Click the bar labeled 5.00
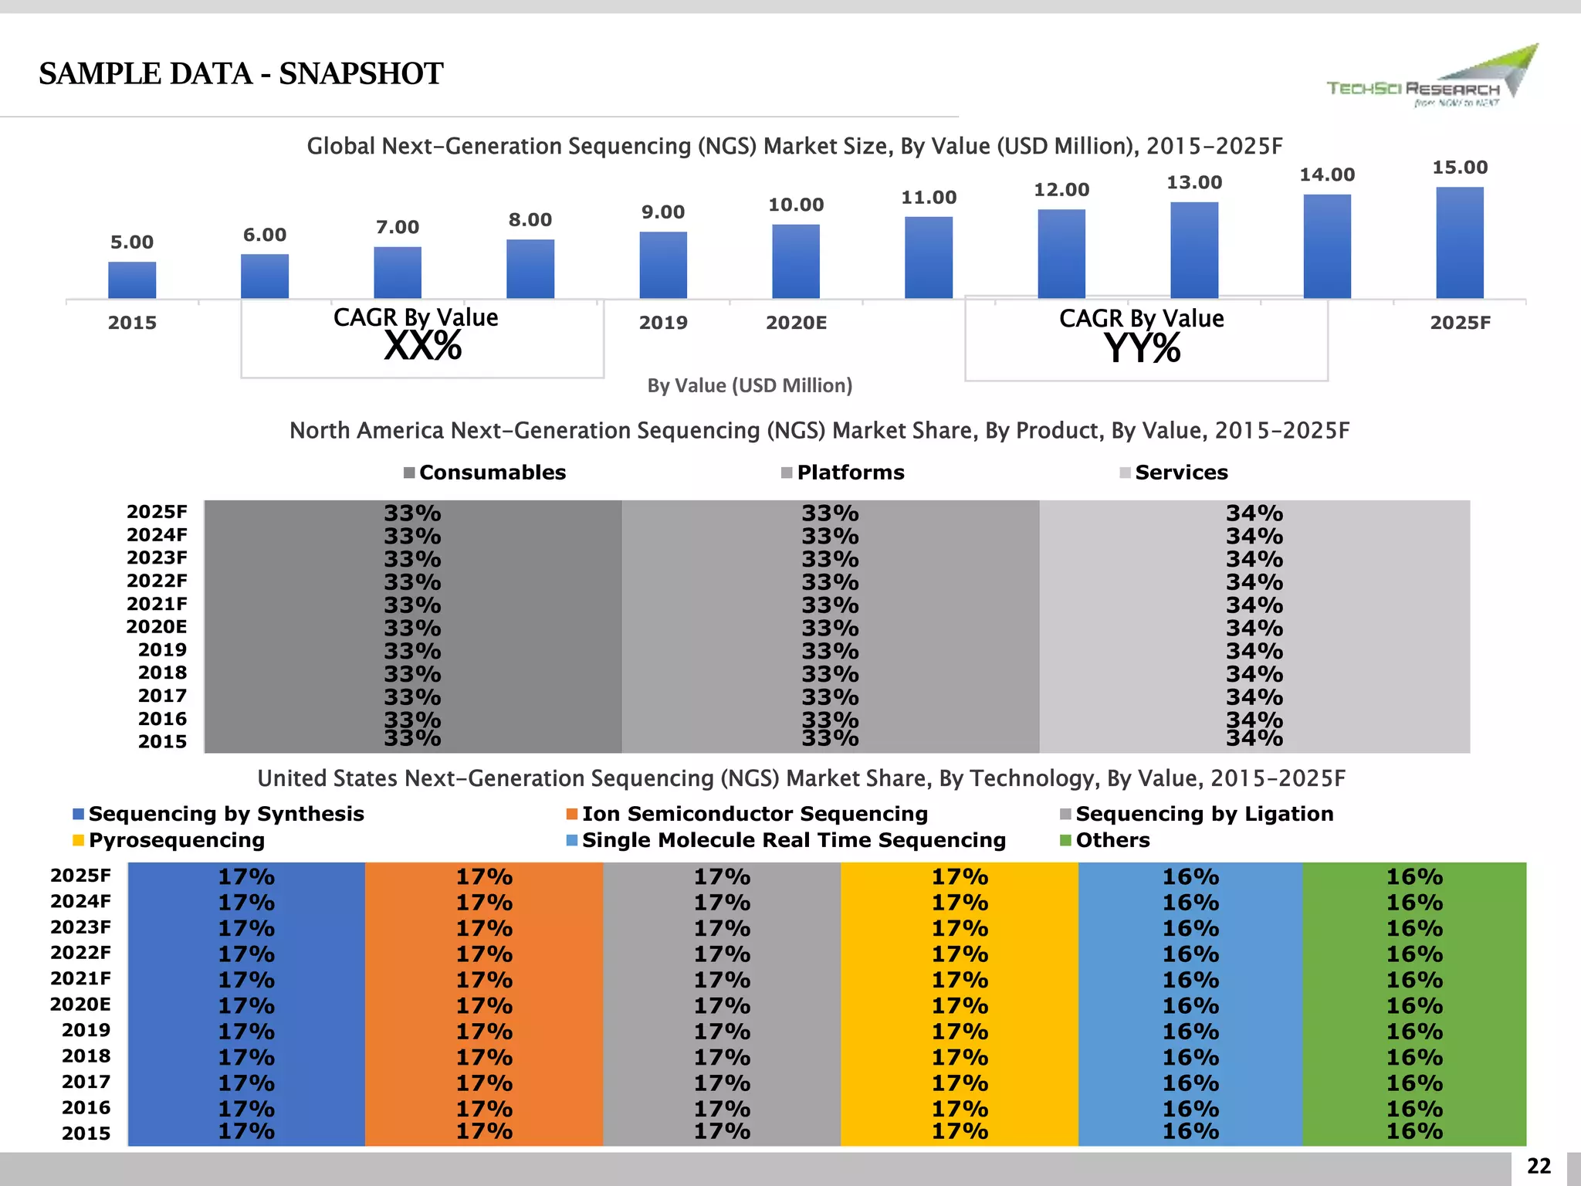132,280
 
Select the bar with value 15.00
1459,242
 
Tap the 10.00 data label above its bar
796,205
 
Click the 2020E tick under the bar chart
796,323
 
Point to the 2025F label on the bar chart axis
1460,323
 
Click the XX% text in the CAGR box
423,346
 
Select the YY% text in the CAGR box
1142,348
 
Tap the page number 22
1539,1166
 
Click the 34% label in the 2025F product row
1254,513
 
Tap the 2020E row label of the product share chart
157,626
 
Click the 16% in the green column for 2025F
1413,876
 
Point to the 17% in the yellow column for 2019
959,1031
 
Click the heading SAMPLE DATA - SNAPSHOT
241,74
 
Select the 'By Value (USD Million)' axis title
750,385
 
